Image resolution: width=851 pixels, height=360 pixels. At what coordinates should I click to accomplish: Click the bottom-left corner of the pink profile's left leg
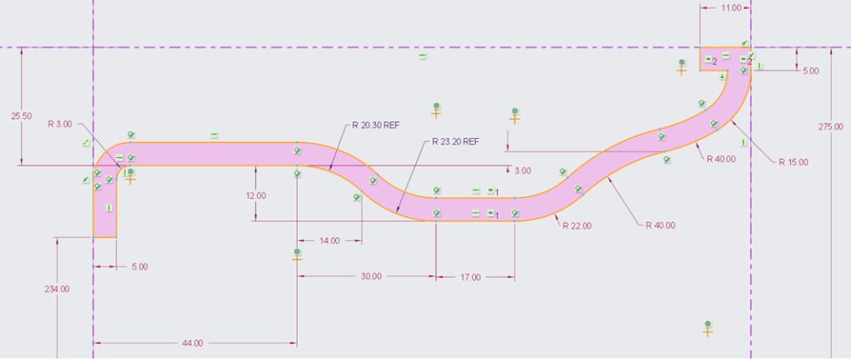[93, 238]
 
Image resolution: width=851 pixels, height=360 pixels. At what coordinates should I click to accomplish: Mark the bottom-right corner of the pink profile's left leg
[116, 238]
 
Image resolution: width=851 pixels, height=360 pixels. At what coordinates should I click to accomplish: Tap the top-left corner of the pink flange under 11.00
[700, 47]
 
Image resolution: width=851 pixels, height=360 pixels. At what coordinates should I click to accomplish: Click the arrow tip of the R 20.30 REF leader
[329, 171]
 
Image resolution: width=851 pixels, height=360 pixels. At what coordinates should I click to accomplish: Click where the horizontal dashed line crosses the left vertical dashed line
[93, 47]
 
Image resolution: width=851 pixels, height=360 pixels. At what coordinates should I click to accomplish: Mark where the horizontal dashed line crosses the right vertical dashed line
[750, 47]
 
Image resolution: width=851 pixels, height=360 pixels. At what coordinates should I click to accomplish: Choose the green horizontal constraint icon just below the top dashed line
[423, 56]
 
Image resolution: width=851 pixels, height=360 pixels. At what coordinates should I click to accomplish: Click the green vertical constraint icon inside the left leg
[109, 208]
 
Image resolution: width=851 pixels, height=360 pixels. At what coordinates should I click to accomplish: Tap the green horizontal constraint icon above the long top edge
[214, 134]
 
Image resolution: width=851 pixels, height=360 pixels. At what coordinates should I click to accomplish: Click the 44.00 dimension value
[193, 343]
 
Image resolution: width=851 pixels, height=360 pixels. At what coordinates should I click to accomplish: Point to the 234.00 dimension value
[57, 289]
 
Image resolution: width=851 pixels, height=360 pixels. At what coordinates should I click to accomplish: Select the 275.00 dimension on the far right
[831, 127]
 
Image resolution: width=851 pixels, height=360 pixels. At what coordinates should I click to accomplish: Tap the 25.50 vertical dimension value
[21, 116]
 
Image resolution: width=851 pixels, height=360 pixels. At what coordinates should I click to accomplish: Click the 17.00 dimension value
[471, 278]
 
